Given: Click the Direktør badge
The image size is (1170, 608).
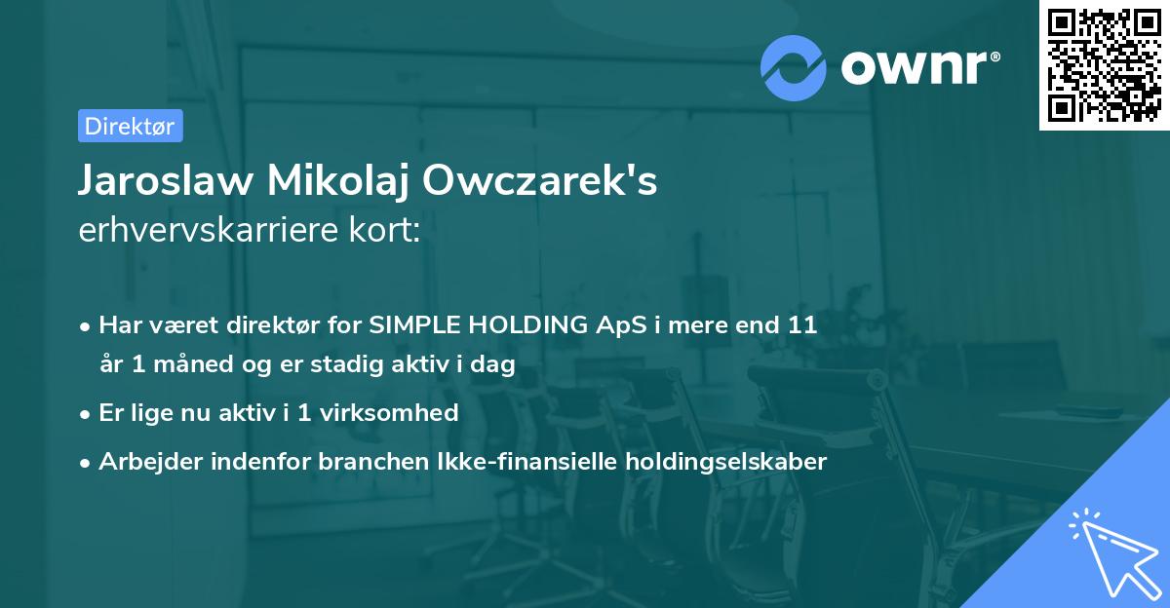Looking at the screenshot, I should pyautogui.click(x=130, y=126).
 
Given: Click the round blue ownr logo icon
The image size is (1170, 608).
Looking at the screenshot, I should pyautogui.click(x=794, y=67).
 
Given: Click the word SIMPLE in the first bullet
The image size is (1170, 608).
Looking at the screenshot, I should pyautogui.click(x=412, y=325).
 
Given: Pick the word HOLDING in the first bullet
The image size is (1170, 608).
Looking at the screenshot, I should pyautogui.click(x=531, y=325).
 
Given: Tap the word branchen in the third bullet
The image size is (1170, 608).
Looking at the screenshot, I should pyautogui.click(x=361, y=461).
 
